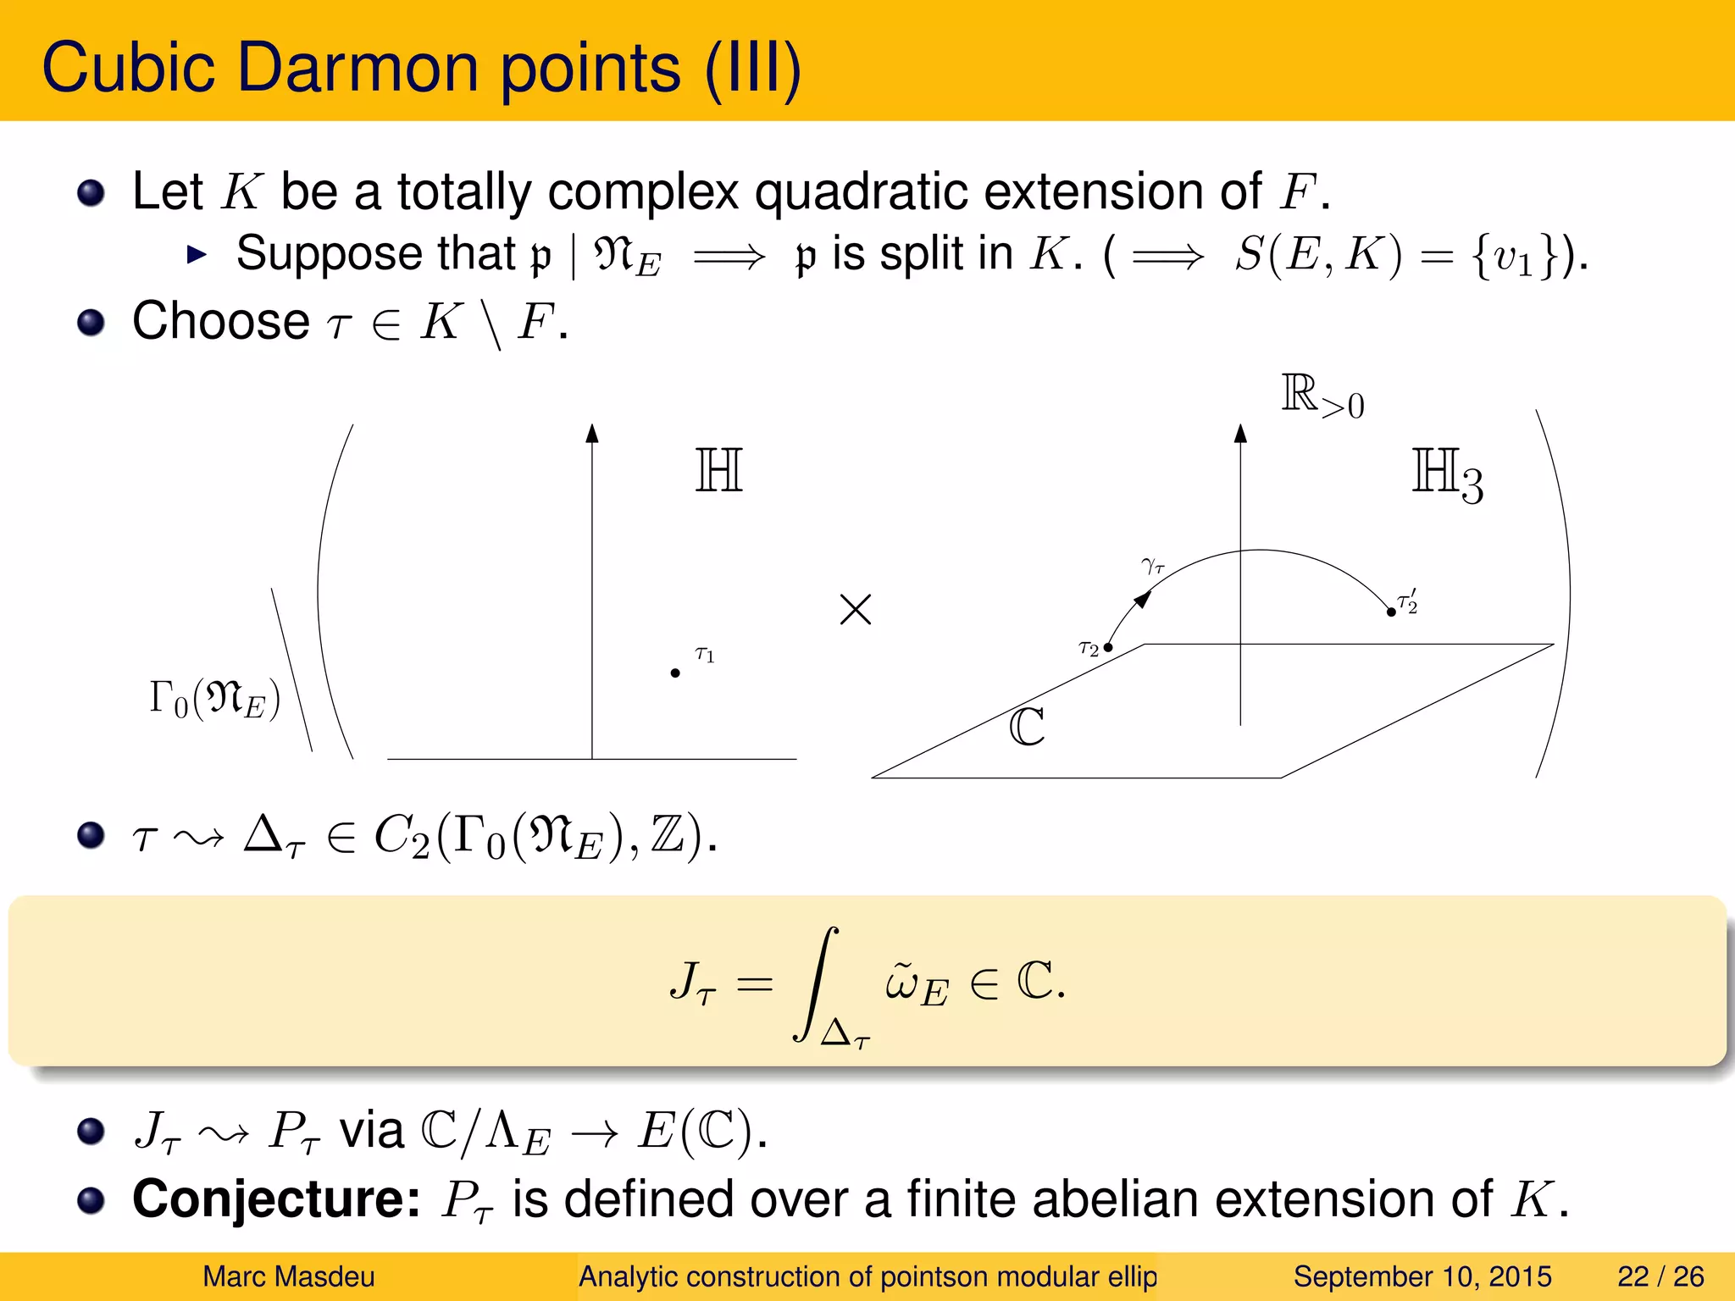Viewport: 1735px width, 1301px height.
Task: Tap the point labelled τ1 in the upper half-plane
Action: click(x=675, y=673)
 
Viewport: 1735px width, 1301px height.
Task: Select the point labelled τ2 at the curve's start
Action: click(x=1108, y=647)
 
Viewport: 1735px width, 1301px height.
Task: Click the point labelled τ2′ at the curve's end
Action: click(x=1391, y=612)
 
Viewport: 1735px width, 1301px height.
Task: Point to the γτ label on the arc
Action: click(x=1153, y=566)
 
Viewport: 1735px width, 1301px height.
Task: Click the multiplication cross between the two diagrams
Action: click(x=856, y=609)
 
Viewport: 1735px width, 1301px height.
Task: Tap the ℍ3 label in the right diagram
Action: click(x=1447, y=475)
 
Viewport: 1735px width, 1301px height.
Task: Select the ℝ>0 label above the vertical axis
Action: click(x=1322, y=397)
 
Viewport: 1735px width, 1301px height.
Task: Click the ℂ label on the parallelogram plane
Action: click(x=1027, y=727)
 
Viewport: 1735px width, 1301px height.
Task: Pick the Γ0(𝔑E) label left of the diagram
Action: click(x=214, y=699)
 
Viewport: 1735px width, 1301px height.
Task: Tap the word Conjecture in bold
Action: click(x=276, y=1199)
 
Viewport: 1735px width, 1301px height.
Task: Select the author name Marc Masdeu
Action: click(x=288, y=1276)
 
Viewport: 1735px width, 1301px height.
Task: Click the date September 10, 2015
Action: click(x=1422, y=1276)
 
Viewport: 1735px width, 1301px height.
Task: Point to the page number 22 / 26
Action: click(x=1660, y=1276)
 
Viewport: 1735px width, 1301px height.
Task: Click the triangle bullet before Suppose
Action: click(x=197, y=254)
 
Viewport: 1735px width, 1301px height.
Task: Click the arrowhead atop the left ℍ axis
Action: click(x=592, y=434)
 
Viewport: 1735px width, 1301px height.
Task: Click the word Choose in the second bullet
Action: click(x=221, y=321)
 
